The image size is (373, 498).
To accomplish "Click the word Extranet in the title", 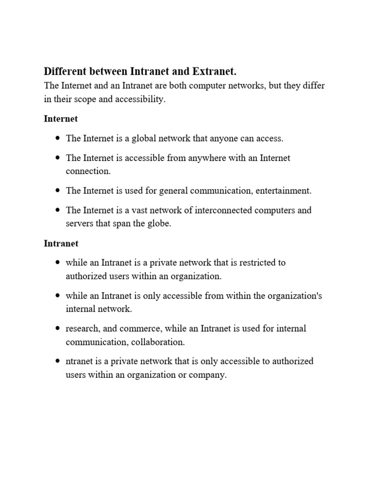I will [214, 71].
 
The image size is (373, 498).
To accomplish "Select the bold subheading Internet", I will [61, 119].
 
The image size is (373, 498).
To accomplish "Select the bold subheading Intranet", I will [61, 243].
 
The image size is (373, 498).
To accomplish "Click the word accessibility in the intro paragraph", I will [142, 99].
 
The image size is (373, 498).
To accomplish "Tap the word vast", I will [147, 211].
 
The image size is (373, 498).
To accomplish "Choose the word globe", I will [160, 224].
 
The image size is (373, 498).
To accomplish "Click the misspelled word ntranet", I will [80, 361].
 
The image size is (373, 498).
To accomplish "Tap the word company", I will [209, 375].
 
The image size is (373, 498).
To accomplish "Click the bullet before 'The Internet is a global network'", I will [58, 138].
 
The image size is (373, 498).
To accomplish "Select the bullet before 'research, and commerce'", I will [58, 329].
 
